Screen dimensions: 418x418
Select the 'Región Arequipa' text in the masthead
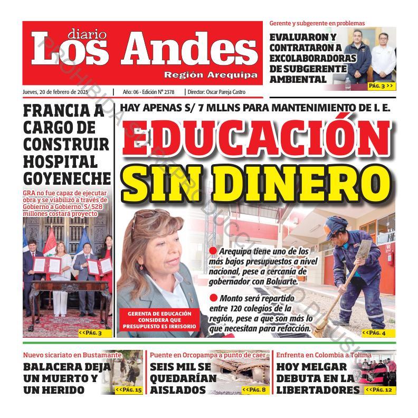pos(211,74)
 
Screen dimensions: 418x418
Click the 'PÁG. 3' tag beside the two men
pos(381,85)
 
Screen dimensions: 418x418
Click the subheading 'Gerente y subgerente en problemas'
pos(317,23)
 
